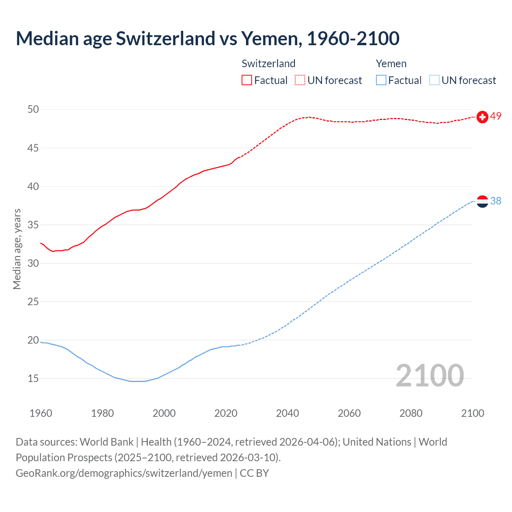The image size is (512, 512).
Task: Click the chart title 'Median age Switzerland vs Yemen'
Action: [x=207, y=38]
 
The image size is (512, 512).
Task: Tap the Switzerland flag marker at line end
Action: [x=482, y=117]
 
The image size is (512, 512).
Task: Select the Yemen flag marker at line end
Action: [x=482, y=201]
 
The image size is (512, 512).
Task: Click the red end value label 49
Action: [x=496, y=116]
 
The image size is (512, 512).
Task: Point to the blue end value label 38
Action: [x=496, y=201]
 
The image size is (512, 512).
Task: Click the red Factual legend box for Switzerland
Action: [x=247, y=80]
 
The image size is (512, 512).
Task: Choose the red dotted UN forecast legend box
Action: [x=300, y=80]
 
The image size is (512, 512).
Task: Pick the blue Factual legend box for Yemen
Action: [x=381, y=80]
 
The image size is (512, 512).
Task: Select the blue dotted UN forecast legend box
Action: [x=434, y=80]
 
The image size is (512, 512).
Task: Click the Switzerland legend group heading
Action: [x=268, y=64]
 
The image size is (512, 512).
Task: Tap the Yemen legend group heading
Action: [x=391, y=64]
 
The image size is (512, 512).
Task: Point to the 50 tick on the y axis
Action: [x=33, y=110]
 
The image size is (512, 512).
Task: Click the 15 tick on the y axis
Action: [x=33, y=378]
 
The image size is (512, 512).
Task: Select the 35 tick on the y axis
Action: [x=33, y=225]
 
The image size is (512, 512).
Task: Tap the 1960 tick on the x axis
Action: [x=41, y=413]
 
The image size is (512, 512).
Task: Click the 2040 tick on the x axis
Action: [x=287, y=413]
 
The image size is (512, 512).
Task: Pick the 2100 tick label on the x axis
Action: [x=472, y=413]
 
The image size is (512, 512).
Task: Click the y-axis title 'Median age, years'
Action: [x=17, y=249]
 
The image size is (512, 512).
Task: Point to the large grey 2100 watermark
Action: [x=430, y=376]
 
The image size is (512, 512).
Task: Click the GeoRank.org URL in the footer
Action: [x=124, y=473]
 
